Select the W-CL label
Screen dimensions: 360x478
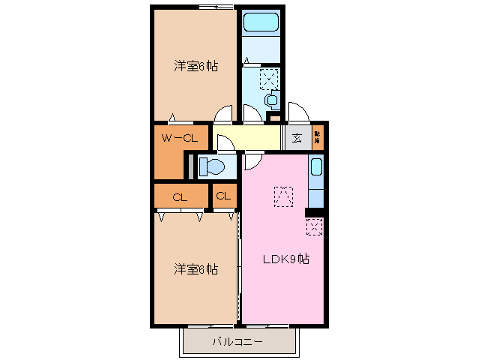(180, 137)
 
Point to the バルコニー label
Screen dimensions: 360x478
(237, 342)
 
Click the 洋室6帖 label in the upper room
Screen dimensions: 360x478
(196, 66)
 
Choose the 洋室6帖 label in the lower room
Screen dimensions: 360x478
(196, 268)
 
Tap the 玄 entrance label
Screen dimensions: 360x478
(297, 137)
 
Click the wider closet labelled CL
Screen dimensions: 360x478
(180, 197)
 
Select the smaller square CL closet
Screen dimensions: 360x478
(223, 196)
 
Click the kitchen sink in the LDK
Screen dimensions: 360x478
(316, 174)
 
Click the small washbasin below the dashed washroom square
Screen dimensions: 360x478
(271, 99)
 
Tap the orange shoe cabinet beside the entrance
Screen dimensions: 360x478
(318, 137)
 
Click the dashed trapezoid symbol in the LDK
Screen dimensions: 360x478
(283, 196)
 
